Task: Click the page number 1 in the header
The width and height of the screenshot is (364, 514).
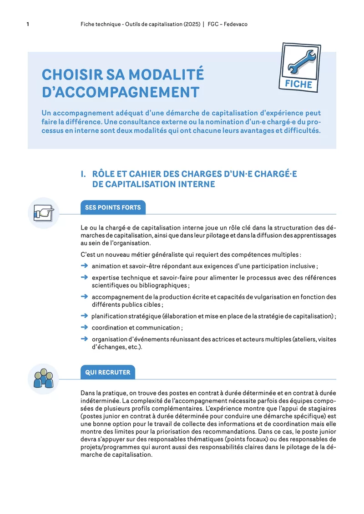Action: tap(28, 24)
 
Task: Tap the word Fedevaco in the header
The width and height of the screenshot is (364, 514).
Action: tap(235, 24)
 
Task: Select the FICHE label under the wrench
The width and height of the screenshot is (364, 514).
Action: tap(298, 84)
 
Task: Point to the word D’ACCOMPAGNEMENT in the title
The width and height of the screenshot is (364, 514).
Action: tap(121, 92)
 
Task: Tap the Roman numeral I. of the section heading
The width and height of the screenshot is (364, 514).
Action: tap(83, 174)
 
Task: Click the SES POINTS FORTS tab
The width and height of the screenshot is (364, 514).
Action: tap(113, 208)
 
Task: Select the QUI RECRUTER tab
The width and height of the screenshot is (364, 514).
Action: tap(107, 372)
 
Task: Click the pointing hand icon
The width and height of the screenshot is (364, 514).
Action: tap(44, 212)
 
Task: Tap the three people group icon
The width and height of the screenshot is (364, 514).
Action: tap(44, 378)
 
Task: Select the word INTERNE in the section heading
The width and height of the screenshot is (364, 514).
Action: tap(193, 184)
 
